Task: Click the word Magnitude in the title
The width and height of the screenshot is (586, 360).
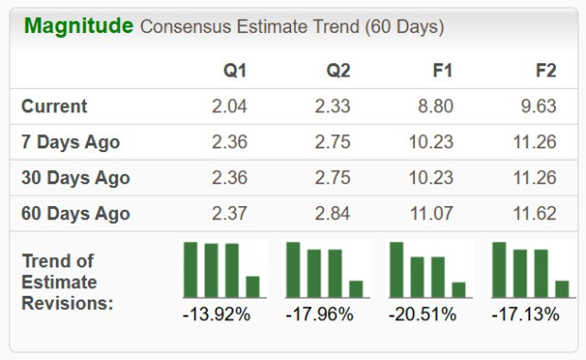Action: (x=78, y=26)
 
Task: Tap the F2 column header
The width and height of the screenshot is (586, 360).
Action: (x=545, y=71)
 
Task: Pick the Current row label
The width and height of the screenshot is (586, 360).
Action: (x=55, y=107)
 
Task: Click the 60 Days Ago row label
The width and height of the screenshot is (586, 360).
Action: (x=76, y=214)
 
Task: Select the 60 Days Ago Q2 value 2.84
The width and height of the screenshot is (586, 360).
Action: (x=333, y=214)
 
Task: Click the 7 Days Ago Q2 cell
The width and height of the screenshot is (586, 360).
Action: (x=333, y=143)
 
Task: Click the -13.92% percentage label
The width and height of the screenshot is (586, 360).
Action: (x=216, y=314)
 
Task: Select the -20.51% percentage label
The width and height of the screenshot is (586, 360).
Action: (x=422, y=314)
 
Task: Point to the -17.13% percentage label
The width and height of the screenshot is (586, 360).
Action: (x=526, y=314)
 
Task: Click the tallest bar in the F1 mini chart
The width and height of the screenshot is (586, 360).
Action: (x=397, y=270)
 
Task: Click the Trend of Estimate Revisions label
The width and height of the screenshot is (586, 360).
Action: (x=68, y=282)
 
